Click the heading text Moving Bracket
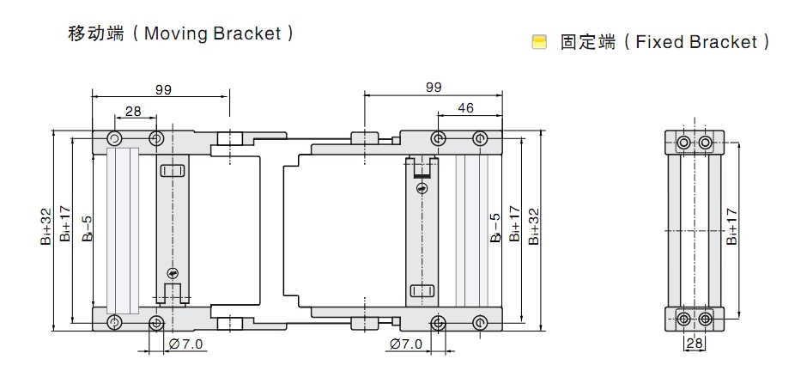tap(213, 33)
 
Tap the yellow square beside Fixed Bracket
tap(538, 41)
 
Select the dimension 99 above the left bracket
tap(163, 88)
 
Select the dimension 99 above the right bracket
tap(434, 87)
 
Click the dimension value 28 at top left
tap(134, 111)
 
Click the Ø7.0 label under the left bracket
tap(186, 344)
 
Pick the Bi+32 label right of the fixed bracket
tap(534, 225)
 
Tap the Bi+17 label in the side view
tap(731, 225)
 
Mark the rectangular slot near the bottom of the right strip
tap(422, 290)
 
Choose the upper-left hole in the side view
tap(683, 142)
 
